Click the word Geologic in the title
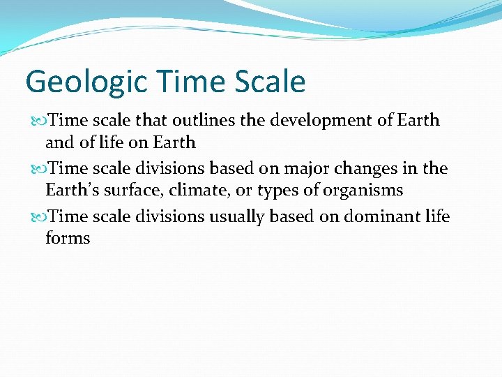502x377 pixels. coord(75,82)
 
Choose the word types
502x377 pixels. coord(279,191)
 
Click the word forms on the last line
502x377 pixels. coord(68,238)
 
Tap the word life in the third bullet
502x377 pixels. coord(438,216)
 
